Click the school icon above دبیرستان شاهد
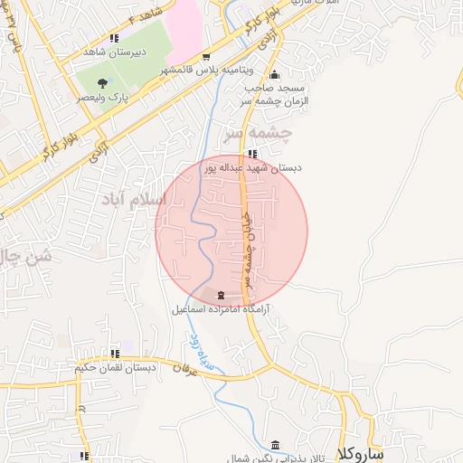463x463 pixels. click(x=114, y=39)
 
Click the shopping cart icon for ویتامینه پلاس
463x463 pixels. click(x=206, y=56)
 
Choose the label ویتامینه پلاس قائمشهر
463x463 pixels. click(x=208, y=70)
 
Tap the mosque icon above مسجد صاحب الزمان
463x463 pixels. click(x=275, y=75)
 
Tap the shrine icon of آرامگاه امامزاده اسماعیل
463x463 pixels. click(x=223, y=295)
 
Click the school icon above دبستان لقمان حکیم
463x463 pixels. click(x=115, y=354)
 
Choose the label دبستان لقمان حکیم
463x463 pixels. click(x=114, y=368)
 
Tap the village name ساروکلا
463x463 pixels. click(x=360, y=451)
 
